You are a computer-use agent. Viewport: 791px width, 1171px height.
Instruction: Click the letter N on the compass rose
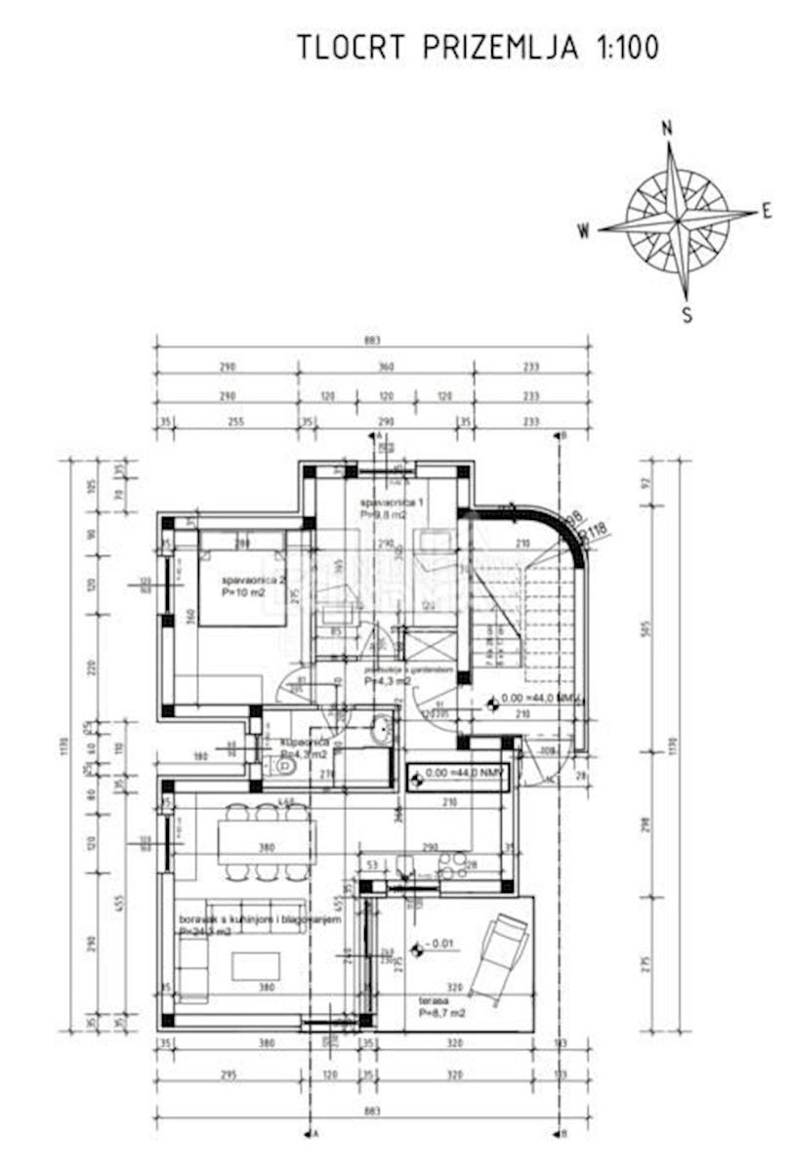click(668, 128)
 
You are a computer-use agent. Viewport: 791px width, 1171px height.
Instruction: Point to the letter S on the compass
click(687, 314)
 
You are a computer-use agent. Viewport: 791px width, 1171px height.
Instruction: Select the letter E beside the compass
click(767, 210)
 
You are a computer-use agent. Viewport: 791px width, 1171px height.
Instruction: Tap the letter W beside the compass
click(584, 231)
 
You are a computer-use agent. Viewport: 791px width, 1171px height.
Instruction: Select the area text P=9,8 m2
click(380, 514)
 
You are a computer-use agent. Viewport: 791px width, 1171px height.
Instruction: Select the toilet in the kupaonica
click(286, 766)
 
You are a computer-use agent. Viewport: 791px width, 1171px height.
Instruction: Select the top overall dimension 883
click(371, 341)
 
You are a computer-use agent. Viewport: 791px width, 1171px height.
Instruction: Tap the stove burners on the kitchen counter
click(452, 865)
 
